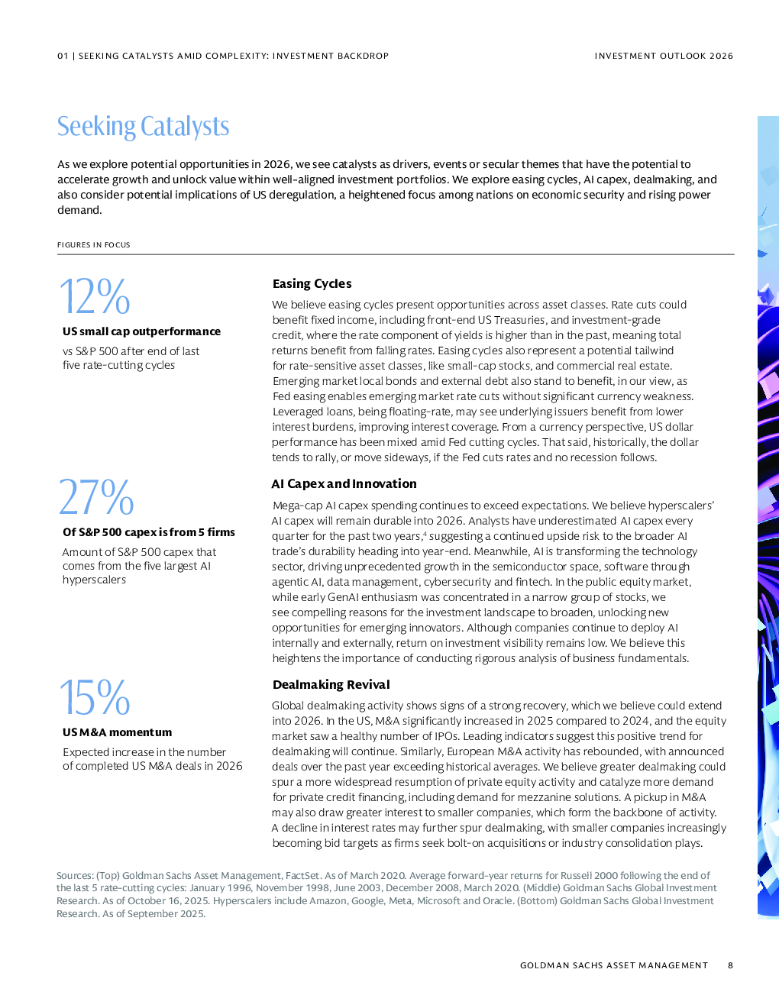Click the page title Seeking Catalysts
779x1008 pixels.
[x=143, y=127]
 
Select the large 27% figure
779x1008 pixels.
[x=96, y=497]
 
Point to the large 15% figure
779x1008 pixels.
[x=95, y=697]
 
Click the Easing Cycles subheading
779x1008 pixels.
[x=312, y=284]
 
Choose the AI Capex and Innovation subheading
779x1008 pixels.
[x=344, y=484]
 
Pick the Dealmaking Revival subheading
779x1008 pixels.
[x=331, y=685]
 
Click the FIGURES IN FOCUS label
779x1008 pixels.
[x=93, y=245]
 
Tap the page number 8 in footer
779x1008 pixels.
[x=730, y=965]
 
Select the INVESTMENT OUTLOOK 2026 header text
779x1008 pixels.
[x=664, y=56]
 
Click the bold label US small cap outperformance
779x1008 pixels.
[x=141, y=331]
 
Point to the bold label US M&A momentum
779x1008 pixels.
[x=117, y=732]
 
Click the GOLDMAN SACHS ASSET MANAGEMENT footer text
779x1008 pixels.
[x=613, y=965]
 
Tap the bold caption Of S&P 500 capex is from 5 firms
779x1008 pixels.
[x=148, y=532]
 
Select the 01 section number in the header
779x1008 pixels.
[x=63, y=56]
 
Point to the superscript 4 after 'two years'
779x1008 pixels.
[x=425, y=533]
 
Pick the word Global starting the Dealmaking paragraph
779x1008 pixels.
[x=288, y=706]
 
